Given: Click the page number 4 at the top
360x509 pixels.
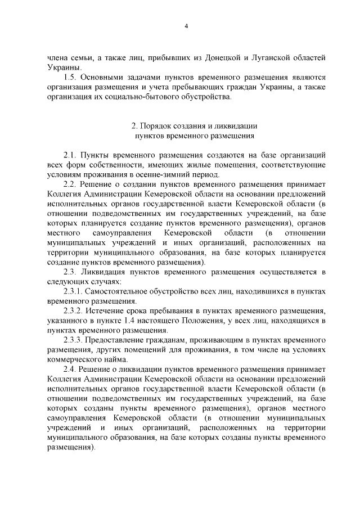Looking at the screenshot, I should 186,25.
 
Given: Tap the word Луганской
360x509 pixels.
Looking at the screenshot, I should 272,58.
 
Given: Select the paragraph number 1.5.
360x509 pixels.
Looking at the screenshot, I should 71,77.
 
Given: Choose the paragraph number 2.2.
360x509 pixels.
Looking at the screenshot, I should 71,184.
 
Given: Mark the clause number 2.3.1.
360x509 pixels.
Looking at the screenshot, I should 74,292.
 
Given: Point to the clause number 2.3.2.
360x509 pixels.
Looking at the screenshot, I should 74,311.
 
